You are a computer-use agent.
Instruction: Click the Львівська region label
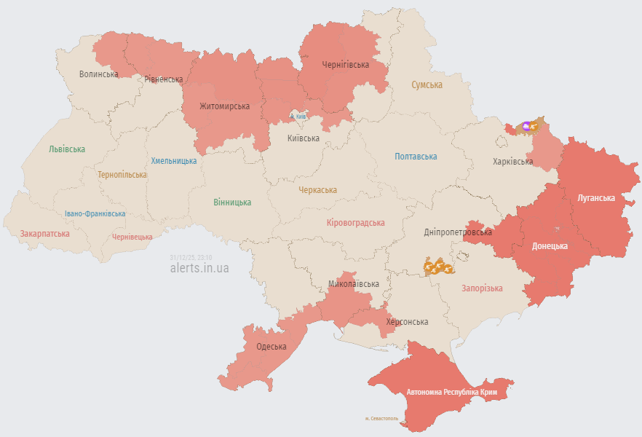(67, 149)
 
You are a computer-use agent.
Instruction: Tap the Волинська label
(98, 74)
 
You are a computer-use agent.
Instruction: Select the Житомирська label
(225, 106)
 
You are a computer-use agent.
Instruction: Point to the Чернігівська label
(345, 65)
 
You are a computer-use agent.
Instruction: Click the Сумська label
(427, 85)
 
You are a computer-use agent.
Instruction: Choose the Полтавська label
(416, 157)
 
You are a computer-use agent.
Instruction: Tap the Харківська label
(512, 162)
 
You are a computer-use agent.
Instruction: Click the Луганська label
(595, 198)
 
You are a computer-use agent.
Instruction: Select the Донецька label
(550, 246)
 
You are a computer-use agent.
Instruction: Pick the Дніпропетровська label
(458, 232)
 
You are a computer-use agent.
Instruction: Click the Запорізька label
(482, 288)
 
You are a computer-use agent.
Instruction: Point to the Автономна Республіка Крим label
(452, 393)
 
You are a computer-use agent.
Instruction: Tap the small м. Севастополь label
(381, 419)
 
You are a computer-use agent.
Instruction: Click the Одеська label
(271, 347)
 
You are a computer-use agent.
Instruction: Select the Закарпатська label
(45, 234)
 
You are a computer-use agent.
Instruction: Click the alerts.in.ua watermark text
(199, 268)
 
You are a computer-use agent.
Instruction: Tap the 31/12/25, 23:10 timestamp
(191, 257)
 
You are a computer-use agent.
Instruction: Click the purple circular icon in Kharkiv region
(527, 126)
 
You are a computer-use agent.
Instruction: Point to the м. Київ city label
(298, 117)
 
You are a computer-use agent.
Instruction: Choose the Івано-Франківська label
(95, 214)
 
